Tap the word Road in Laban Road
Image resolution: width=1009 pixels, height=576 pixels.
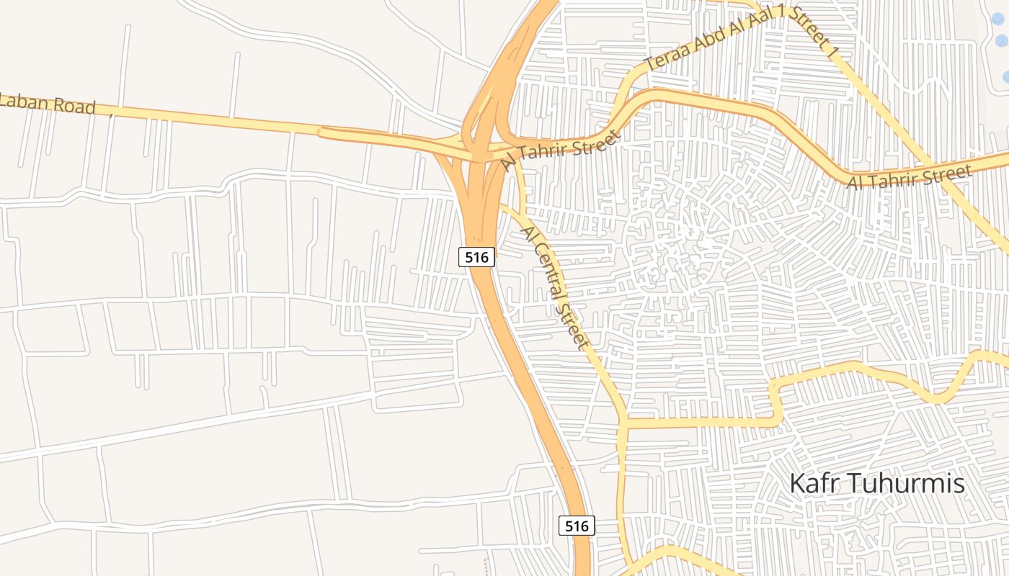tap(74, 107)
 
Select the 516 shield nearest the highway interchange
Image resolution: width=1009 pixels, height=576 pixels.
tap(477, 256)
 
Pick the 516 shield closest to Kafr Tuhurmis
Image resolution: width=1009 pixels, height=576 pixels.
tap(577, 526)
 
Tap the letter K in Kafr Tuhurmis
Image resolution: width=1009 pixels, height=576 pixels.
tap(797, 483)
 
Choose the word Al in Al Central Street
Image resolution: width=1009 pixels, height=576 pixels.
tap(528, 234)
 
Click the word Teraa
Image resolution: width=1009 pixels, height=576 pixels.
tap(666, 56)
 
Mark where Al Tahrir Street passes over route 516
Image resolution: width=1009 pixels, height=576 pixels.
tap(481, 153)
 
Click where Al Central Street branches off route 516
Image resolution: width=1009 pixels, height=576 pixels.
tap(499, 206)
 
